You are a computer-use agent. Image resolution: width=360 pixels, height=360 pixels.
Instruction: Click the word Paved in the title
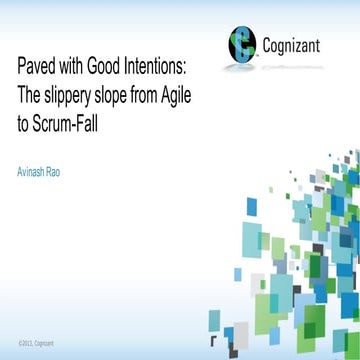tap(35, 67)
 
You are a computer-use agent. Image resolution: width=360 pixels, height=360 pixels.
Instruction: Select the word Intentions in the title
tap(163, 67)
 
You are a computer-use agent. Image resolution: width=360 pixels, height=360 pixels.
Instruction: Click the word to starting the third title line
tap(23, 114)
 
